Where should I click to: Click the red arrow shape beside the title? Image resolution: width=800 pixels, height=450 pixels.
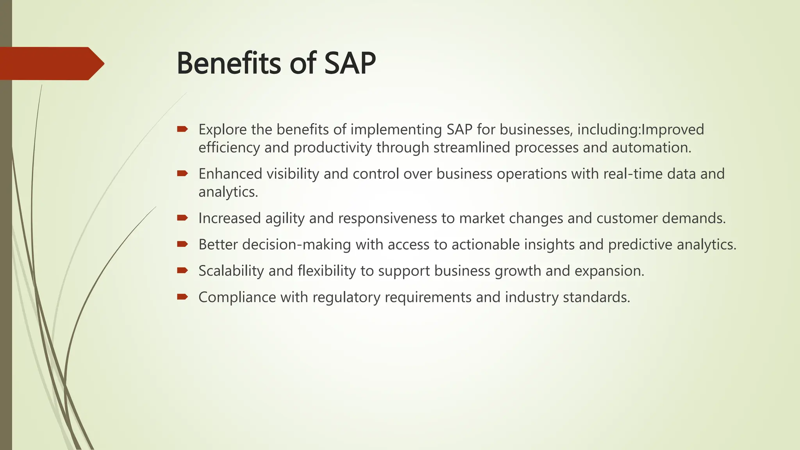(51, 64)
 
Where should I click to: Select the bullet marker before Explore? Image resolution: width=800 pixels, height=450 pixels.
(182, 129)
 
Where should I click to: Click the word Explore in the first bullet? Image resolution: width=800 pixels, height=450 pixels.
(222, 130)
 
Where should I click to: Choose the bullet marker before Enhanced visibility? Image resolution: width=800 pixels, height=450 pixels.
(182, 173)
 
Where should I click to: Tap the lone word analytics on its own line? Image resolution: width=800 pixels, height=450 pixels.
(228, 192)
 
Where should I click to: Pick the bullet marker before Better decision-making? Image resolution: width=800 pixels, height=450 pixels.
(182, 244)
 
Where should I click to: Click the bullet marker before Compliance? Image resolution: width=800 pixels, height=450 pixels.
(182, 297)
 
